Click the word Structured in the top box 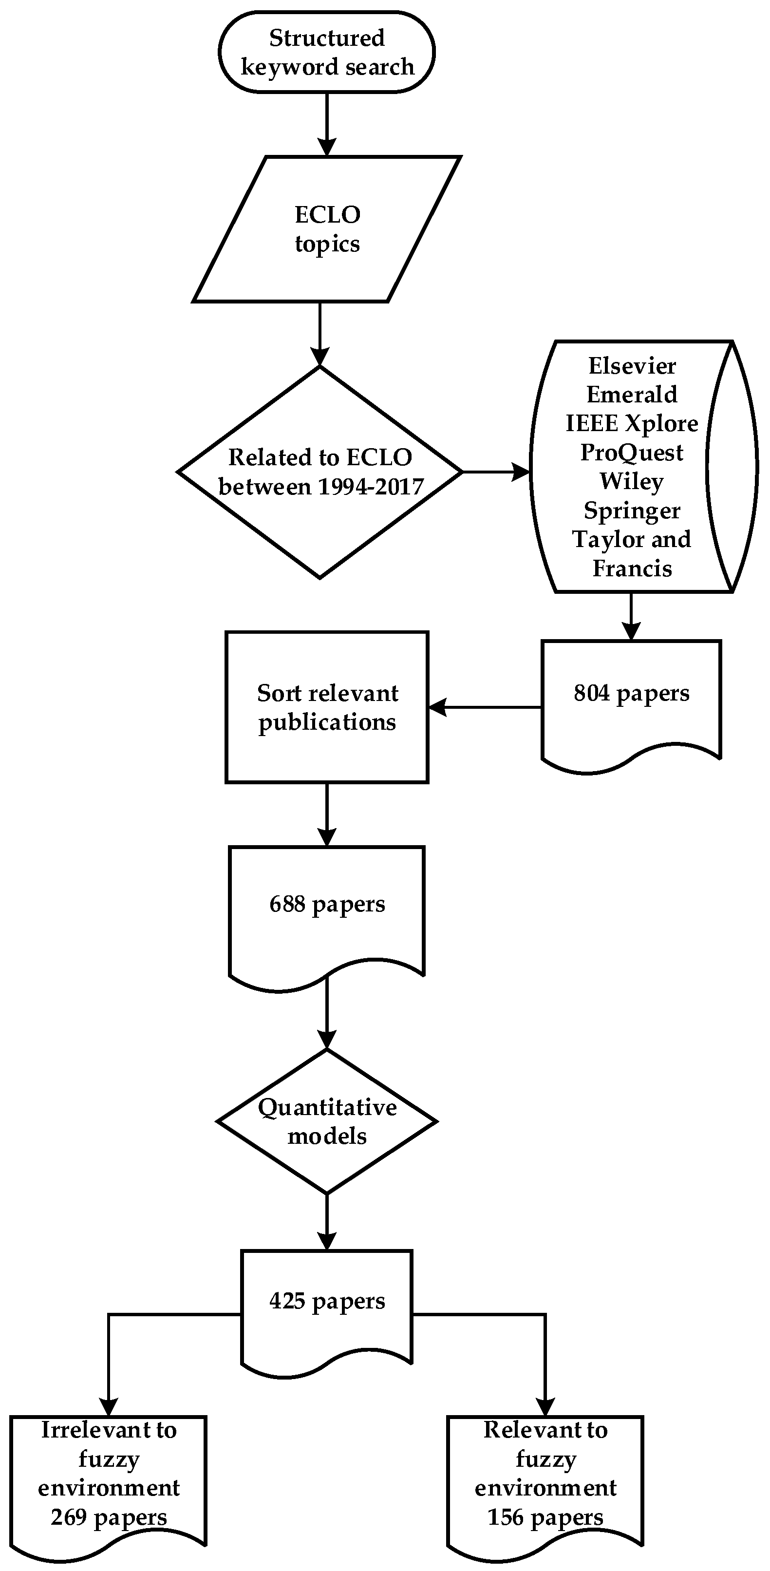click(327, 38)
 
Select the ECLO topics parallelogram click(327, 228)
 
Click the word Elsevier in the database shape click(632, 366)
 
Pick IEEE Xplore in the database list click(632, 423)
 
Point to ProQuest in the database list click(632, 453)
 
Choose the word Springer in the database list click(632, 511)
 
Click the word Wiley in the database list click(632, 481)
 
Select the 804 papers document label click(632, 693)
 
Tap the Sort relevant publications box click(327, 707)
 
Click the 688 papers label click(327, 904)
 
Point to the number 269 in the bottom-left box click(68, 1517)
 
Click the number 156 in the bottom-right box click(506, 1517)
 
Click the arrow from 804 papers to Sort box click(485, 707)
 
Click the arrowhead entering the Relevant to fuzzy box click(545, 1407)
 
